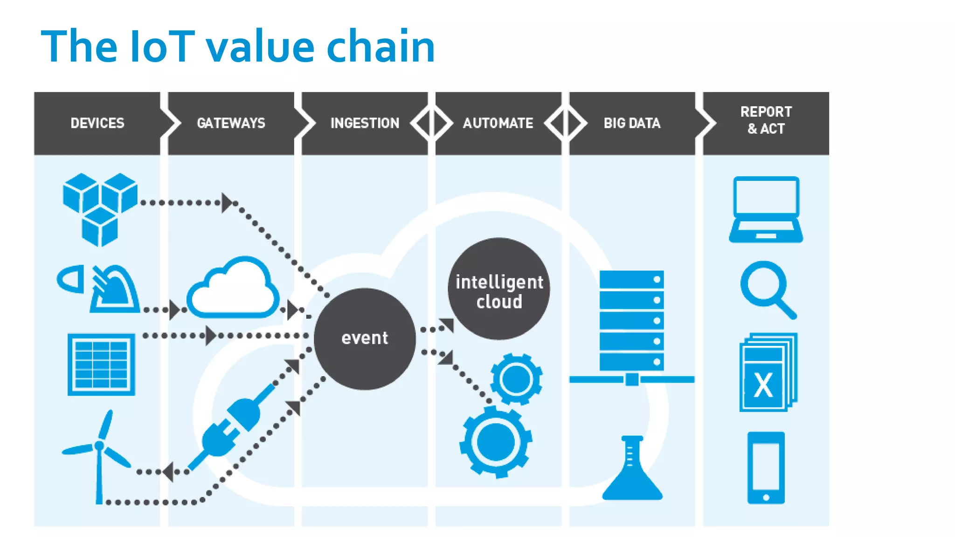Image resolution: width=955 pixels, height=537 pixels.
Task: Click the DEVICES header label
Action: coord(97,123)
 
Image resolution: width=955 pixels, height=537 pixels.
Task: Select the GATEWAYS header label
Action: coord(231,123)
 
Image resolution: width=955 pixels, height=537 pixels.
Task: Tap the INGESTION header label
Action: coord(365,123)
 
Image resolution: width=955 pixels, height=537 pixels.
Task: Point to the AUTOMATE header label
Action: coord(498,123)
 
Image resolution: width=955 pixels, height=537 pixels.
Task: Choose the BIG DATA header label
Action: coord(632,123)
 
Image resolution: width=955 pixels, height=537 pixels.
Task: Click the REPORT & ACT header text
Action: coord(766,120)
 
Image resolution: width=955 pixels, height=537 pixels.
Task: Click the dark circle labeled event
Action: coord(365,339)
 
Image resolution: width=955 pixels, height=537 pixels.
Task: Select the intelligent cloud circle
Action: coord(499,289)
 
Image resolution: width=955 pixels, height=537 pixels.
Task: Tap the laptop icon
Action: coord(766,210)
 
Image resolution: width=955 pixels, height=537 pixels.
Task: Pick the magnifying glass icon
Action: coord(767,289)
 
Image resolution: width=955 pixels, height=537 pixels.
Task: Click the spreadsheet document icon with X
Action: coord(767,373)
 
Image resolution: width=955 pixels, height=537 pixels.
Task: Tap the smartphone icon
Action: coord(766,468)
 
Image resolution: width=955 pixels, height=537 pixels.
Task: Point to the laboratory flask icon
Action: coord(632,471)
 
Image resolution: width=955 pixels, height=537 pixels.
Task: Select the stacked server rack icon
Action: coord(631,322)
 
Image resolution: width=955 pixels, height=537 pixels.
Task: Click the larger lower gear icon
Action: coord(496,442)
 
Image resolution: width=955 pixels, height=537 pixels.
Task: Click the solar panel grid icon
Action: coord(101,365)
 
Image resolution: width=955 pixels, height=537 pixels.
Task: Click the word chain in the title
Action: coord(381,47)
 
